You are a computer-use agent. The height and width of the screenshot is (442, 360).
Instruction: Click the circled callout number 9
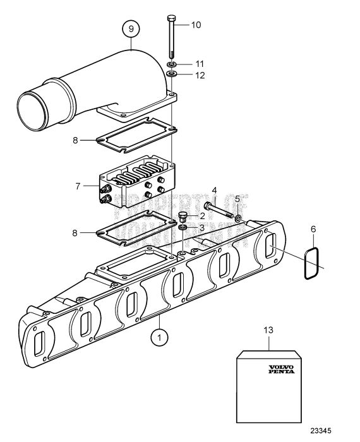pos(131,29)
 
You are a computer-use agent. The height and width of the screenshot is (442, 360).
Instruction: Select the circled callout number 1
pos(159,337)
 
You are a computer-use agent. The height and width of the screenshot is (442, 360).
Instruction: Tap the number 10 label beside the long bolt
pos(196,25)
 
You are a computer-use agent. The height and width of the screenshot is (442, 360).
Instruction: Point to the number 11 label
pos(199,64)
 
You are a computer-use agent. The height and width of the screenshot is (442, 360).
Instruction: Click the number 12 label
pos(199,76)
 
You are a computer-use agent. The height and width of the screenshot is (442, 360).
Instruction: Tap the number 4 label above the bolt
pos(214,190)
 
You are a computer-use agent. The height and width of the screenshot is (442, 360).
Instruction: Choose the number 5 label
pos(237,198)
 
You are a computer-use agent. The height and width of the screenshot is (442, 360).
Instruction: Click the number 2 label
pos(202,216)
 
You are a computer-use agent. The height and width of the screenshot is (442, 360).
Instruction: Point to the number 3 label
pos(202,227)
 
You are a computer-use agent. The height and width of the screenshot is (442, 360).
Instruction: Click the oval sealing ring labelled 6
pos(309,262)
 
